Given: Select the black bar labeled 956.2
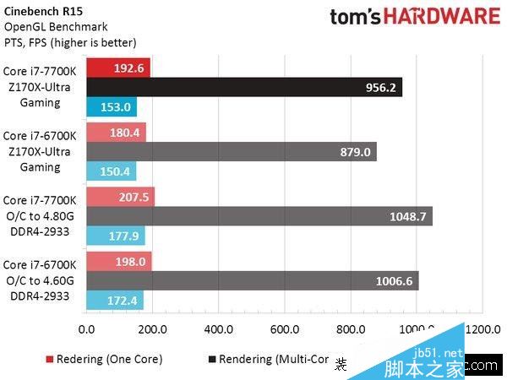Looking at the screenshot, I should (244, 86).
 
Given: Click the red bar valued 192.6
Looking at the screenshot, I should (117, 67).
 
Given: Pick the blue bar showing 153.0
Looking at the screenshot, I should (111, 106).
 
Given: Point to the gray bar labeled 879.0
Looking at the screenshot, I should (231, 151).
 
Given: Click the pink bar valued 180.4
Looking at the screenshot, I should (116, 132).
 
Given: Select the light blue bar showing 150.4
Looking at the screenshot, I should (111, 171).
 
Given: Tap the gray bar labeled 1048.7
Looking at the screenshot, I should (259, 216).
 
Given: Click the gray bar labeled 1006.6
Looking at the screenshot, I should (252, 281).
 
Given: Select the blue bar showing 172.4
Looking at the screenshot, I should (114, 301).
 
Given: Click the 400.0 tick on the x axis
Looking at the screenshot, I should (218, 329).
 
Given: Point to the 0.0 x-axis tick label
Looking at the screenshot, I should (86, 329).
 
